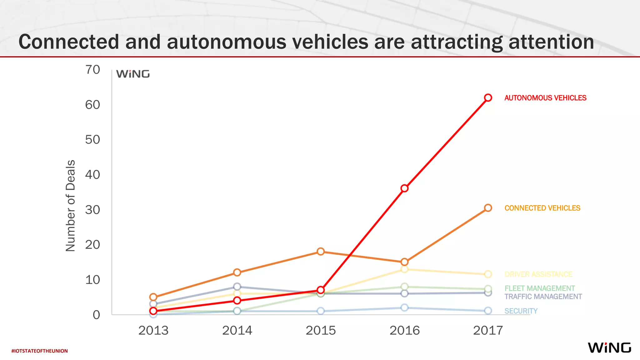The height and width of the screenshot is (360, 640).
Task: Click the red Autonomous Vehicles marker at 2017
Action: pos(488,98)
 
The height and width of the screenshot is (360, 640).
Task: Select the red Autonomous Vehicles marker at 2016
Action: pos(404,188)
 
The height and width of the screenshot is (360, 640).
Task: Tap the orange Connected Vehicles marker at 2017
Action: pos(488,208)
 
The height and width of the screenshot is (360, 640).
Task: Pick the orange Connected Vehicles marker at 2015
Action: pos(321,252)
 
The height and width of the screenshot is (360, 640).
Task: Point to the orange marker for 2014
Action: pos(237,272)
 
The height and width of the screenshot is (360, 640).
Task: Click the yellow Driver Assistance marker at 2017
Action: pos(488,274)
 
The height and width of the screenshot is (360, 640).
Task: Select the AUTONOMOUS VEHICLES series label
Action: pos(545,98)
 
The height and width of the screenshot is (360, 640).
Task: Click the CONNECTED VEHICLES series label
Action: pos(542,208)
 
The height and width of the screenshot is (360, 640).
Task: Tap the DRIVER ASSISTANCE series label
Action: pos(538,274)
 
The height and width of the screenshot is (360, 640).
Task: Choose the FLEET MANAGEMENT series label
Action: pos(540,288)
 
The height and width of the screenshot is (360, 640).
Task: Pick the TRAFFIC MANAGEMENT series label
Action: pos(543,297)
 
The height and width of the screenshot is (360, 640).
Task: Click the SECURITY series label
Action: pos(521,311)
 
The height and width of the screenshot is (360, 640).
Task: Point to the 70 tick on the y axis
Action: pos(92,70)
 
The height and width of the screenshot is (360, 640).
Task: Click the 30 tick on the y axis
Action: pos(92,210)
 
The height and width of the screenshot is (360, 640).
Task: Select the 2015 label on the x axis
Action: pos(321,330)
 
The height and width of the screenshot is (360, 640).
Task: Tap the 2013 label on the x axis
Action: pos(153,330)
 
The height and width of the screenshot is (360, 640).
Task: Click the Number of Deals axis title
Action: pos(71,206)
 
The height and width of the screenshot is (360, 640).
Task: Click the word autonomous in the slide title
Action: pos(226,42)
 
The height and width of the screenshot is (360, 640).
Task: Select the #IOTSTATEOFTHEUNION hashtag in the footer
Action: pos(40,351)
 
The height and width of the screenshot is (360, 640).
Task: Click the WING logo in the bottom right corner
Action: pos(609,348)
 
